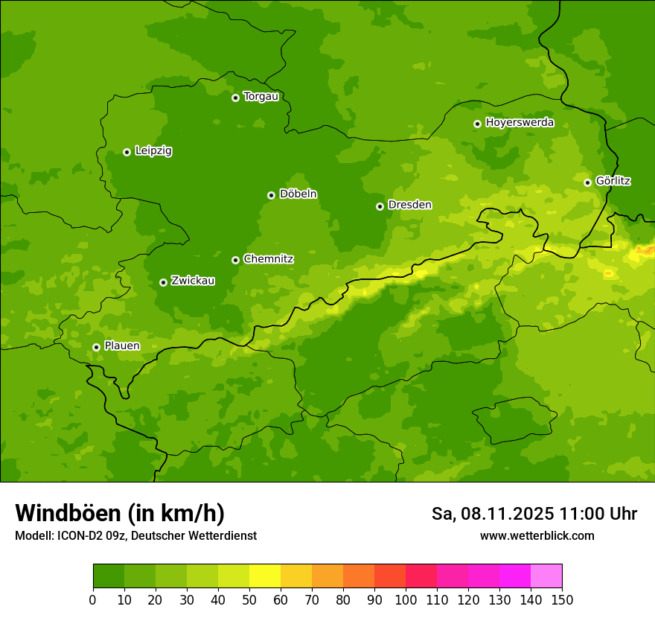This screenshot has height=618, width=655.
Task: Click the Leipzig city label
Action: pyautogui.click(x=153, y=151)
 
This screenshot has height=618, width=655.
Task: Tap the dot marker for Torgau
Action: pyautogui.click(x=235, y=98)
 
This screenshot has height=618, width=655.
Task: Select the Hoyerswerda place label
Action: pyautogui.click(x=520, y=123)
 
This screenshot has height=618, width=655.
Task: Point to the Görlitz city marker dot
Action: pyautogui.click(x=587, y=182)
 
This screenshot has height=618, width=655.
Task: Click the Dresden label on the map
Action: pyautogui.click(x=409, y=205)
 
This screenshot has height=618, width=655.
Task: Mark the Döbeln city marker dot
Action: pyautogui.click(x=271, y=195)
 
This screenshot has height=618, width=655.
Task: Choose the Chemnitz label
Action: pyautogui.click(x=268, y=259)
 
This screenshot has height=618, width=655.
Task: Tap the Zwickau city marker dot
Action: pyautogui.click(x=163, y=282)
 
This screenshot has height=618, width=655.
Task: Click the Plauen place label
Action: pyautogui.click(x=121, y=346)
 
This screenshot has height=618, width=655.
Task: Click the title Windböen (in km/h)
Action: pyautogui.click(x=120, y=513)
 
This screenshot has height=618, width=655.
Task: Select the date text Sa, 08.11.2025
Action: pyautogui.click(x=493, y=514)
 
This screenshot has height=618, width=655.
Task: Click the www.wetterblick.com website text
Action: pyautogui.click(x=537, y=536)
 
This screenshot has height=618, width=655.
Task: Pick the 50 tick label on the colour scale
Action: pyautogui.click(x=249, y=599)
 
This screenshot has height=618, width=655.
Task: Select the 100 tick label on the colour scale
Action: pyautogui.click(x=406, y=599)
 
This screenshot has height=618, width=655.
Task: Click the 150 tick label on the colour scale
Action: pyautogui.click(x=562, y=599)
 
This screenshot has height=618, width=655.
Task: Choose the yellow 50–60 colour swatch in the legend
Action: pyautogui.click(x=265, y=576)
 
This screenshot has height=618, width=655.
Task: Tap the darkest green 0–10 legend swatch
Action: pyautogui.click(x=109, y=576)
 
